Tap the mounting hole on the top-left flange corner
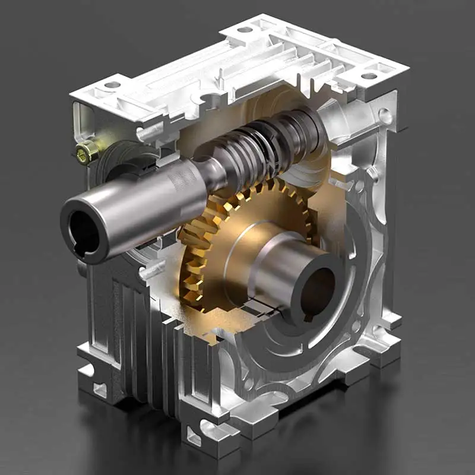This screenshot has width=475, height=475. click(112, 85)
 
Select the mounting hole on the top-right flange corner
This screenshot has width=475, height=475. click(369, 75)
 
